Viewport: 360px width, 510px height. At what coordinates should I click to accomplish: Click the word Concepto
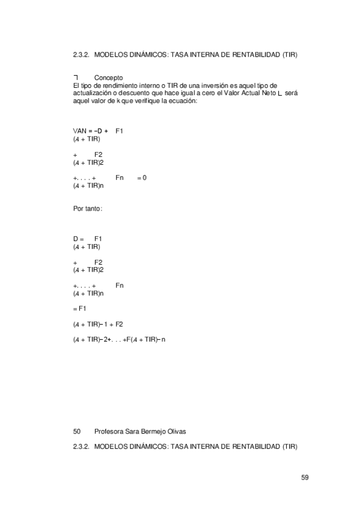(x=109, y=78)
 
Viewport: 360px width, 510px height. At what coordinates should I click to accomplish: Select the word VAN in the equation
(x=79, y=131)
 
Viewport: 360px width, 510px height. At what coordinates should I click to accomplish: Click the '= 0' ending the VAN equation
(x=142, y=178)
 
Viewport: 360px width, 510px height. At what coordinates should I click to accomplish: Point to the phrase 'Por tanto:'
(x=87, y=209)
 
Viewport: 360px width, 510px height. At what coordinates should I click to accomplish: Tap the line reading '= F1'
(x=80, y=309)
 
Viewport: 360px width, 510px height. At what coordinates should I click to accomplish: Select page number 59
(x=305, y=478)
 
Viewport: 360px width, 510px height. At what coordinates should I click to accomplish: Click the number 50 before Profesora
(x=76, y=431)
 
